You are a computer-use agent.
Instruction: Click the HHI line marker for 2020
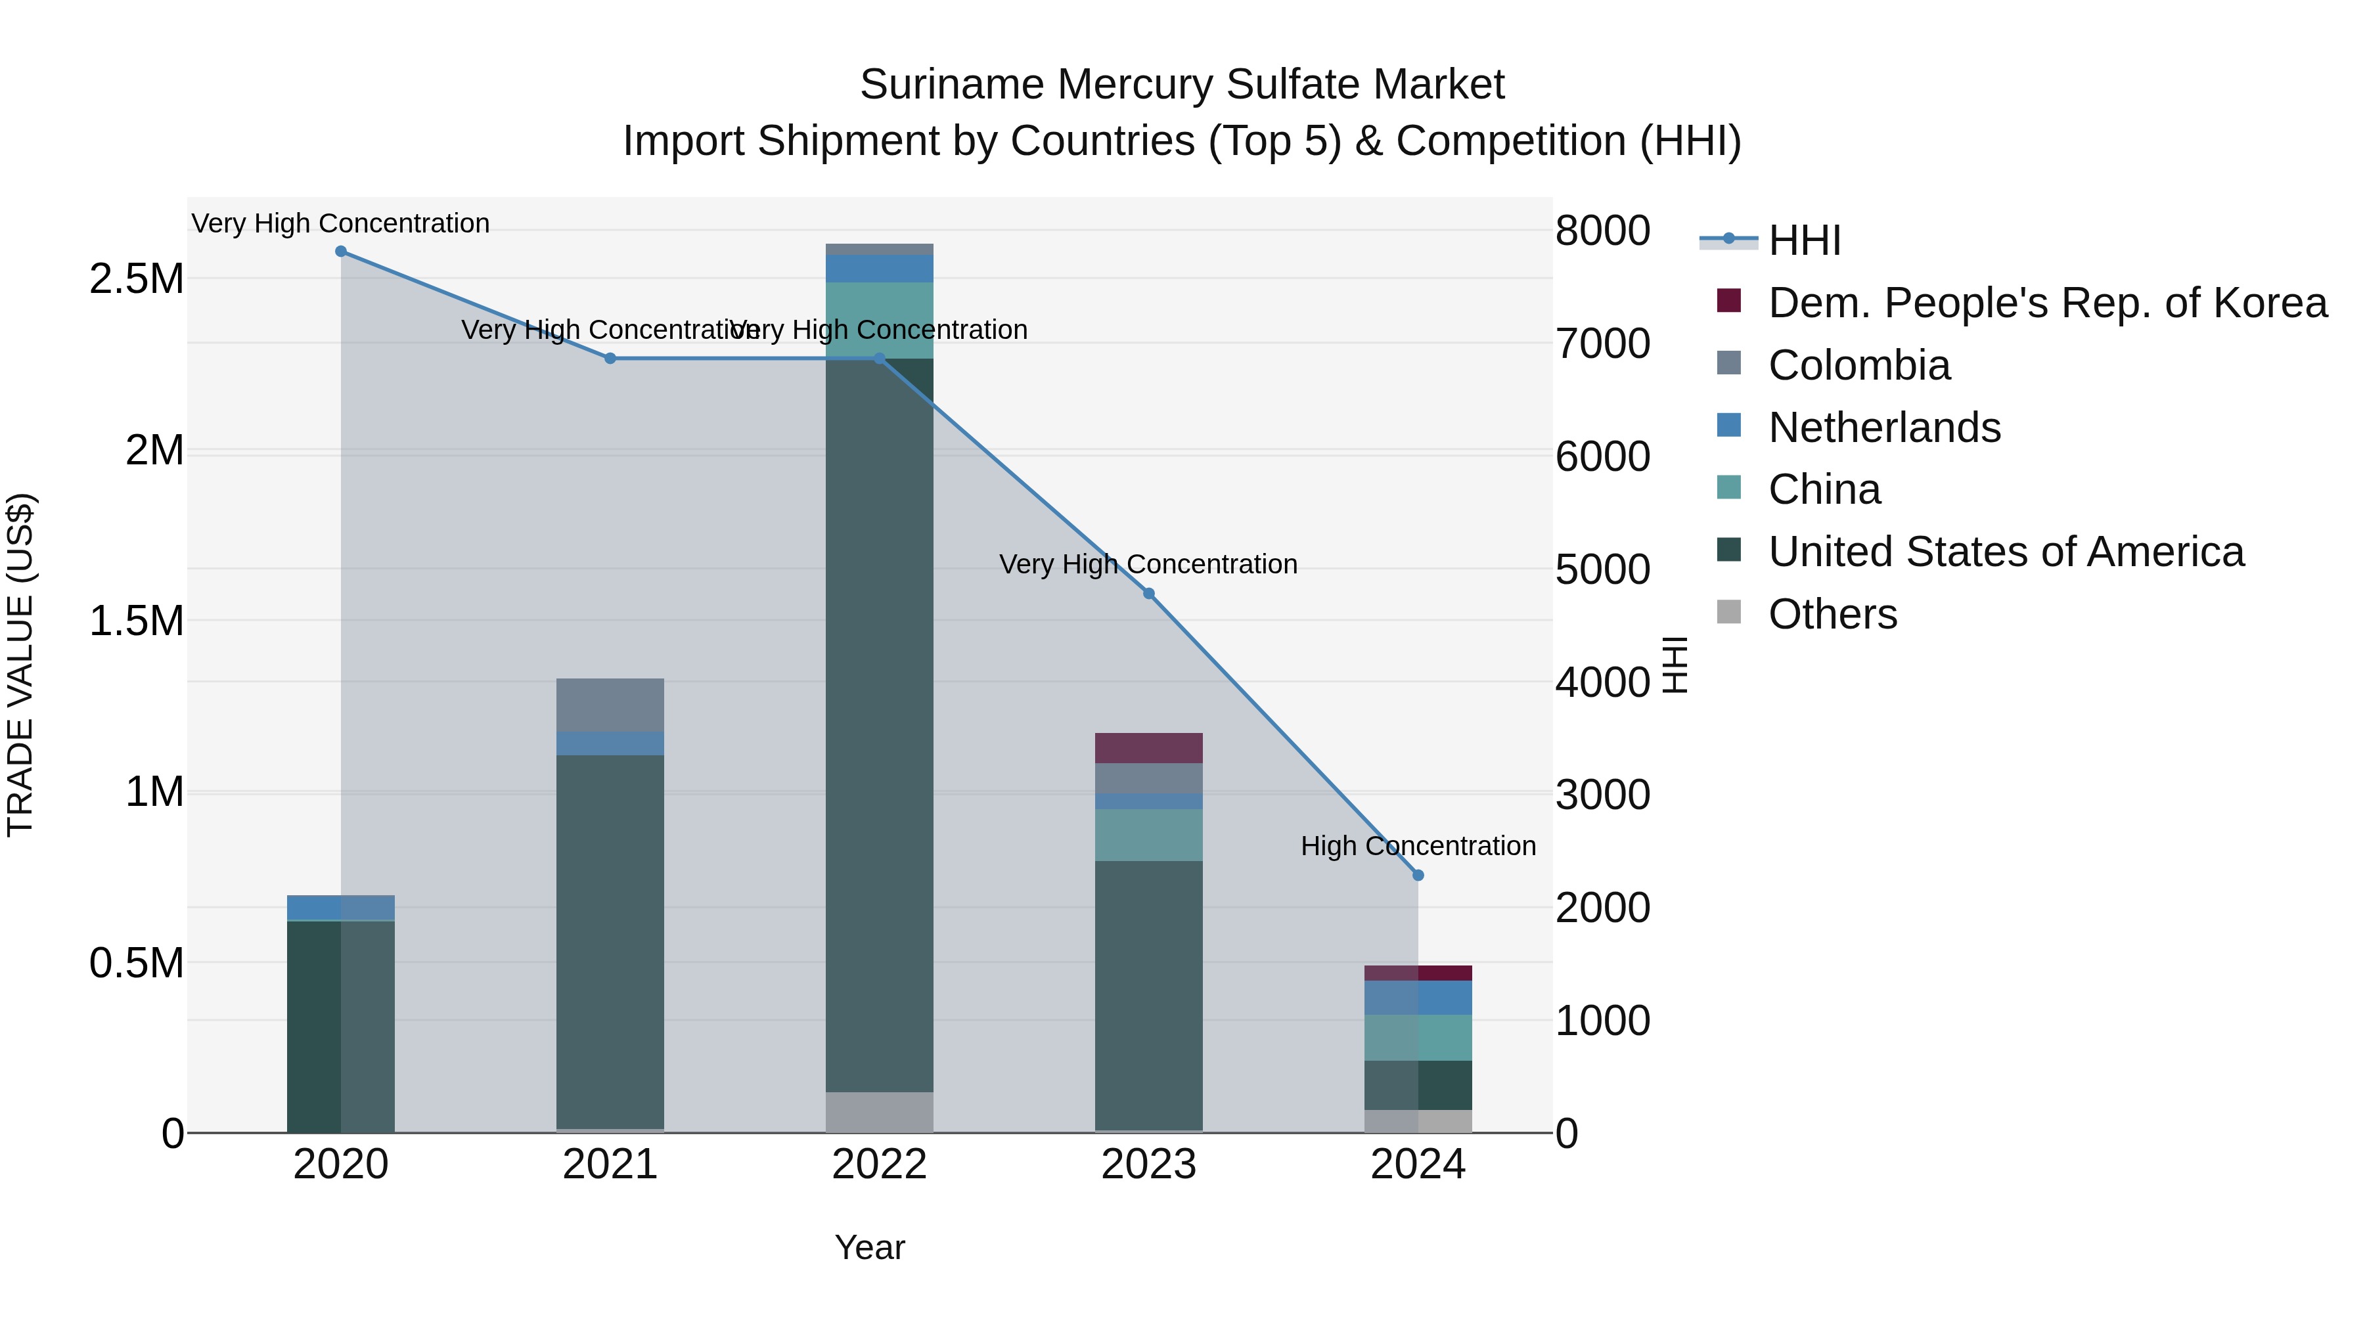340,252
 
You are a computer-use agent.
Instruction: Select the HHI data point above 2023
1148,594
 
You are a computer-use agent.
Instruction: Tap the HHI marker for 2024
1418,876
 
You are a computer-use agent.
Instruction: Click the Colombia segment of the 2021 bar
610,705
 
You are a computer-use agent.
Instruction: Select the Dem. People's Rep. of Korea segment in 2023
1148,748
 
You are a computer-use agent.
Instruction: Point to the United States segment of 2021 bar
610,941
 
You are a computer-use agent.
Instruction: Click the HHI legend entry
1804,240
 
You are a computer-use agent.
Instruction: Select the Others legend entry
1832,614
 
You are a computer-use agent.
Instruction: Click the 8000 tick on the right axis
1602,231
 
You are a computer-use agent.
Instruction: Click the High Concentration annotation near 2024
1418,845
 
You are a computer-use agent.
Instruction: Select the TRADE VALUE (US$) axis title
20,665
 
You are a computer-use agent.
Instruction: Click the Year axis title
869,1247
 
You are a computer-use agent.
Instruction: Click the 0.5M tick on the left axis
137,963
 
